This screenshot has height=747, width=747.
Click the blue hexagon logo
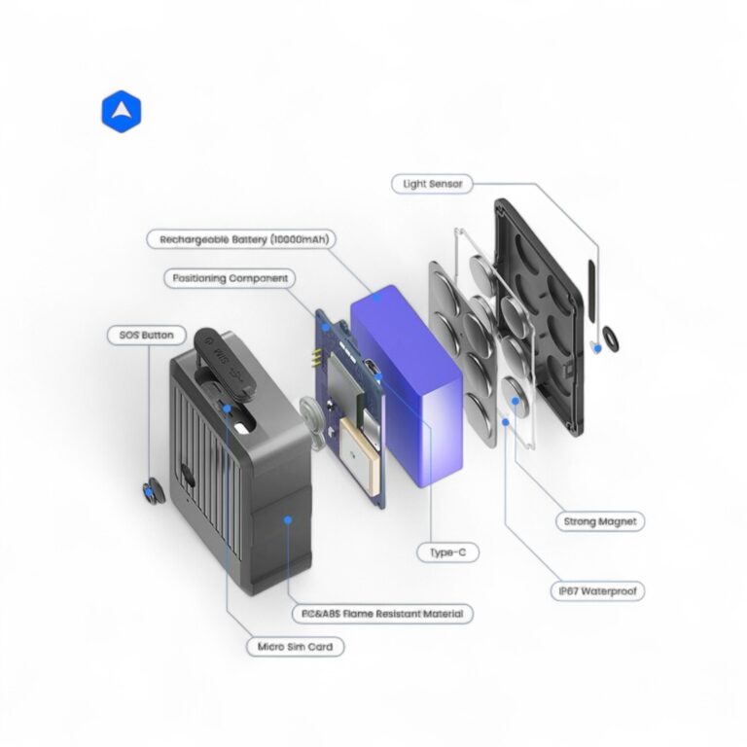click(122, 113)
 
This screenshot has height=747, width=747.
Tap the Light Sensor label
click(433, 183)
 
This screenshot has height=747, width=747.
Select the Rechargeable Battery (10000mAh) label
click(238, 238)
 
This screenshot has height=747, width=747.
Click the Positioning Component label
click(230, 278)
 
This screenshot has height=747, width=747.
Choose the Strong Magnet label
click(600, 521)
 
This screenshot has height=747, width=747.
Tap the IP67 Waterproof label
click(601, 590)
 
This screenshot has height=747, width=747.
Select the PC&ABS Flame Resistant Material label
click(383, 614)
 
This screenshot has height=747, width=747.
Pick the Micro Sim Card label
click(300, 645)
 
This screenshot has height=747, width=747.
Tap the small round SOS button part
click(150, 491)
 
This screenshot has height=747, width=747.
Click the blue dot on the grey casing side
click(288, 519)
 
